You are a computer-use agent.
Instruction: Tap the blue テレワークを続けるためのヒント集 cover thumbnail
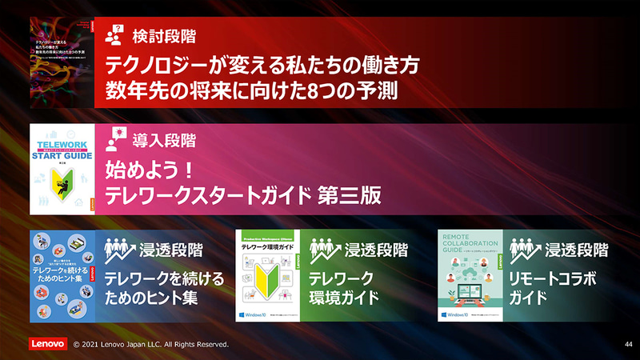pyautogui.click(x=62, y=276)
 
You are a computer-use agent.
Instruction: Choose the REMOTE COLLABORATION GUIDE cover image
pyautogui.click(x=470, y=276)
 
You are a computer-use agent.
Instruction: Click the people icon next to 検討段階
pyautogui.click(x=113, y=35)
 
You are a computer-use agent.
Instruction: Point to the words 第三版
pyautogui.click(x=349, y=194)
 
